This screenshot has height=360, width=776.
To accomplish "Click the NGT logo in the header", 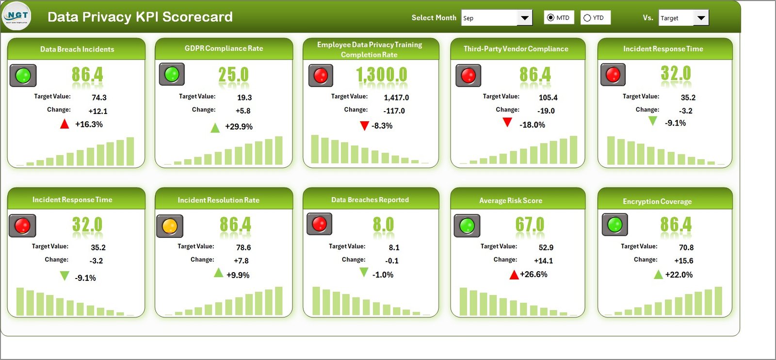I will [x=16, y=16].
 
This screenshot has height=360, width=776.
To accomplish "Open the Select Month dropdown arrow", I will [x=524, y=18].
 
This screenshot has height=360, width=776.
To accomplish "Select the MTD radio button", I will [x=550, y=17].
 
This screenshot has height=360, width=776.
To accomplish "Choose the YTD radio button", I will [x=587, y=18].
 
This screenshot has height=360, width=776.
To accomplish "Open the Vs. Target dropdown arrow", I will [x=701, y=18].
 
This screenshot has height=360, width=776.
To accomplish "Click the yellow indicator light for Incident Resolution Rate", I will [x=169, y=226].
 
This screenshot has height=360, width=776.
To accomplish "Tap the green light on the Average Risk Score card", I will [x=467, y=226].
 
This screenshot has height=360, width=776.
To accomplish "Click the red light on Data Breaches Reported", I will [x=319, y=224].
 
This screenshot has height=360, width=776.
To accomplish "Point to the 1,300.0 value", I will [x=382, y=75].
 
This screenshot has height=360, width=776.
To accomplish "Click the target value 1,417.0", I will [x=396, y=98].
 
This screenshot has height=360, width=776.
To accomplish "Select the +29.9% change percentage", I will [x=239, y=127].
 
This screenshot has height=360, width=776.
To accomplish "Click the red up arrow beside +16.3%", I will [x=65, y=124].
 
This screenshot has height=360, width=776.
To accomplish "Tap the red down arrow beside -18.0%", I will [x=507, y=122].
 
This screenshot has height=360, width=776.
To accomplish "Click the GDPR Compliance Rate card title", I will [x=224, y=49].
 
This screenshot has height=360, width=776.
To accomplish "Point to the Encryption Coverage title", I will [x=657, y=201].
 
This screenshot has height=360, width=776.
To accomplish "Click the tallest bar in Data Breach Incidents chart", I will [x=130, y=151].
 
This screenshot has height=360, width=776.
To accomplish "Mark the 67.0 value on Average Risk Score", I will [x=530, y=225].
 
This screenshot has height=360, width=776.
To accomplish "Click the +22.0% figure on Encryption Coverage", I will [x=679, y=275].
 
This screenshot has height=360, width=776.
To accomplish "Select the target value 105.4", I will [x=548, y=98].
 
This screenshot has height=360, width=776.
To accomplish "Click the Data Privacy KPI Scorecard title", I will [x=140, y=17].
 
